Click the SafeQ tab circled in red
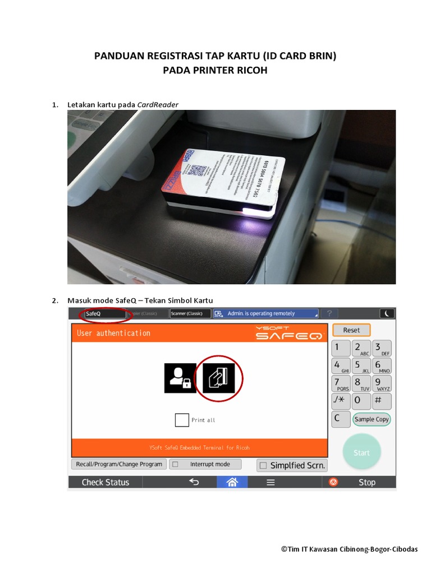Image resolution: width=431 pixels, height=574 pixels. click(x=104, y=314)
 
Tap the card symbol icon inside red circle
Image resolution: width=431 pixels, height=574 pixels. click(x=218, y=378)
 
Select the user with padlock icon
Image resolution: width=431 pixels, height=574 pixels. click(x=180, y=378)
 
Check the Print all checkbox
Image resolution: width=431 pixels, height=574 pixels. click(x=182, y=420)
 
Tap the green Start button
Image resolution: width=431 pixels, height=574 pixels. click(x=361, y=452)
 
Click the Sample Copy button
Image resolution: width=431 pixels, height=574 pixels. click(x=371, y=419)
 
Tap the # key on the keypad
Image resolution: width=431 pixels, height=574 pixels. click(x=382, y=401)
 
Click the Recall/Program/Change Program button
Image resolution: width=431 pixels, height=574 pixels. click(x=119, y=464)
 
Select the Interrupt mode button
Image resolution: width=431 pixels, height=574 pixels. click(x=205, y=464)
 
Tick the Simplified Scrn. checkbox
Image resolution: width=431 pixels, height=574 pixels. click(x=263, y=465)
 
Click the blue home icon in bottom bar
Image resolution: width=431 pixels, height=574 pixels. click(x=232, y=482)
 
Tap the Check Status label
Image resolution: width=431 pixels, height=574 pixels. click(x=106, y=482)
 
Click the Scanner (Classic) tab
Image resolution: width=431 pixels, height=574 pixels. click(x=190, y=314)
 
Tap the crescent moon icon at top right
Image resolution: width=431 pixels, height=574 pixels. click(x=387, y=313)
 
